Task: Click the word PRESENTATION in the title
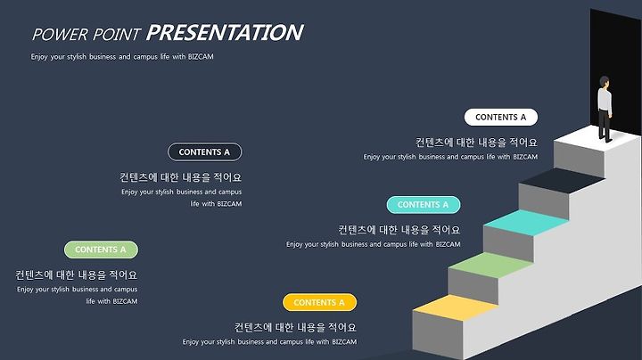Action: pos(225,33)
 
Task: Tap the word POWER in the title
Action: pos(61,35)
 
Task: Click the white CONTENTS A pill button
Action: pos(501,118)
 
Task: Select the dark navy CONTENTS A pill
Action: pos(205,152)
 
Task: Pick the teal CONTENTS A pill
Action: pos(424,205)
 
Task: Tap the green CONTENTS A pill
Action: pos(101,250)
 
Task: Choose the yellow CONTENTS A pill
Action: pos(320,302)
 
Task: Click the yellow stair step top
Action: pos(456,307)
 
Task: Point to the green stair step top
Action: pos(490,265)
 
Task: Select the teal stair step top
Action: pos(526,223)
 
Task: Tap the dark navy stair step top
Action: pos(562,180)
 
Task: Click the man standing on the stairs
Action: pos(605,110)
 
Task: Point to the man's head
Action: pos(605,82)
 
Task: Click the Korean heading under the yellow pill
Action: pos(295,327)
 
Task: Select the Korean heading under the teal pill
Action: pos(399,230)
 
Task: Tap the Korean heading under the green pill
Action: pos(76,275)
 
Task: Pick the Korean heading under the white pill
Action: pos(476,143)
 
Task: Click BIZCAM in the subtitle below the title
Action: pos(201,57)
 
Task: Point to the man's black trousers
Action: pos(604,124)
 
